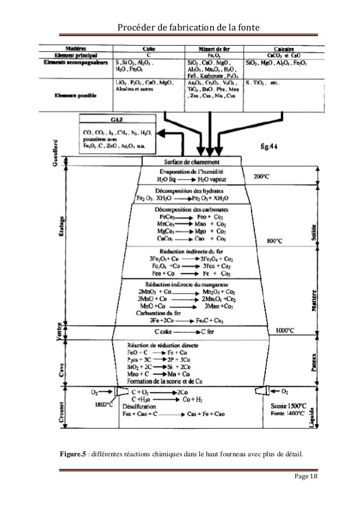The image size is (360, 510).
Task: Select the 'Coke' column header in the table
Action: point(149,49)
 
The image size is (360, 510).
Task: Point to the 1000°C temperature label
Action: point(288,330)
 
